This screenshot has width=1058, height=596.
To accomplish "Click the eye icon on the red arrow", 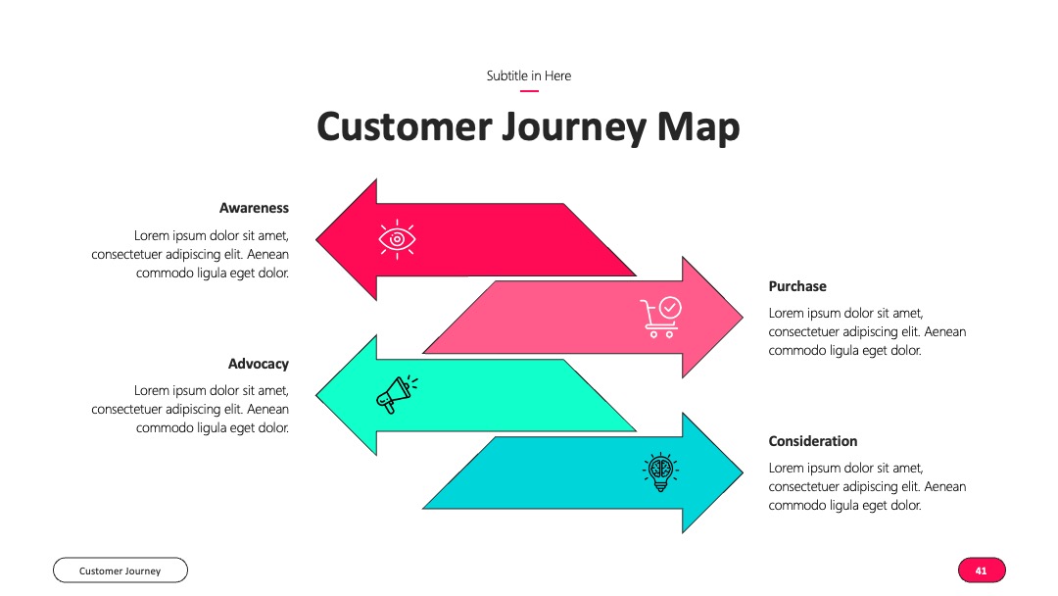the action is pyautogui.click(x=397, y=239).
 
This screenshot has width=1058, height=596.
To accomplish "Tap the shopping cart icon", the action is pyautogui.click(x=660, y=317).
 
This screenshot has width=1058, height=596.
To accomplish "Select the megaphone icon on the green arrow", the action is pyautogui.click(x=397, y=394).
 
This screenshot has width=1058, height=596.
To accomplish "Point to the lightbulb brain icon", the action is pyautogui.click(x=660, y=472).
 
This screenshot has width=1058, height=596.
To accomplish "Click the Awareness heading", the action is pyautogui.click(x=254, y=208).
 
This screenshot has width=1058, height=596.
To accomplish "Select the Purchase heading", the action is pyautogui.click(x=797, y=286).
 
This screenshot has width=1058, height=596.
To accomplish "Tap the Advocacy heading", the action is pyautogui.click(x=259, y=364).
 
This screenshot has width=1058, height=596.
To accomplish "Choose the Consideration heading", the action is pyautogui.click(x=813, y=441).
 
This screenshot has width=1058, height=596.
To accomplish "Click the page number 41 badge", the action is pyautogui.click(x=982, y=571).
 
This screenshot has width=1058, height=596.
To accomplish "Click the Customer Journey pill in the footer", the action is pyautogui.click(x=120, y=571).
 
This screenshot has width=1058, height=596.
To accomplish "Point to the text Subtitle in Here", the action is pyautogui.click(x=529, y=75).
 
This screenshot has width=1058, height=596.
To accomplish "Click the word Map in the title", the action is pyautogui.click(x=698, y=127).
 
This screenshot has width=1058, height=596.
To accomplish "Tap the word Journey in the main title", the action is pyautogui.click(x=574, y=127).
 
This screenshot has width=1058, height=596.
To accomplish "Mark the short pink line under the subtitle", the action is pyautogui.click(x=529, y=90).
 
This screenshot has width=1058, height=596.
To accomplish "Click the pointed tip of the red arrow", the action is pyautogui.click(x=316, y=239).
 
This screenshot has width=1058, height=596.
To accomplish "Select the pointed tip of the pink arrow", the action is pyautogui.click(x=743, y=317).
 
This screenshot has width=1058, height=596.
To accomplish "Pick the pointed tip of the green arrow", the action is pyautogui.click(x=316, y=395).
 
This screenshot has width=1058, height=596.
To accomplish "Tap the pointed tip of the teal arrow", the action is pyautogui.click(x=743, y=472).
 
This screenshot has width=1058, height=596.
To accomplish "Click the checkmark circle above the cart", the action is pyautogui.click(x=670, y=307).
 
